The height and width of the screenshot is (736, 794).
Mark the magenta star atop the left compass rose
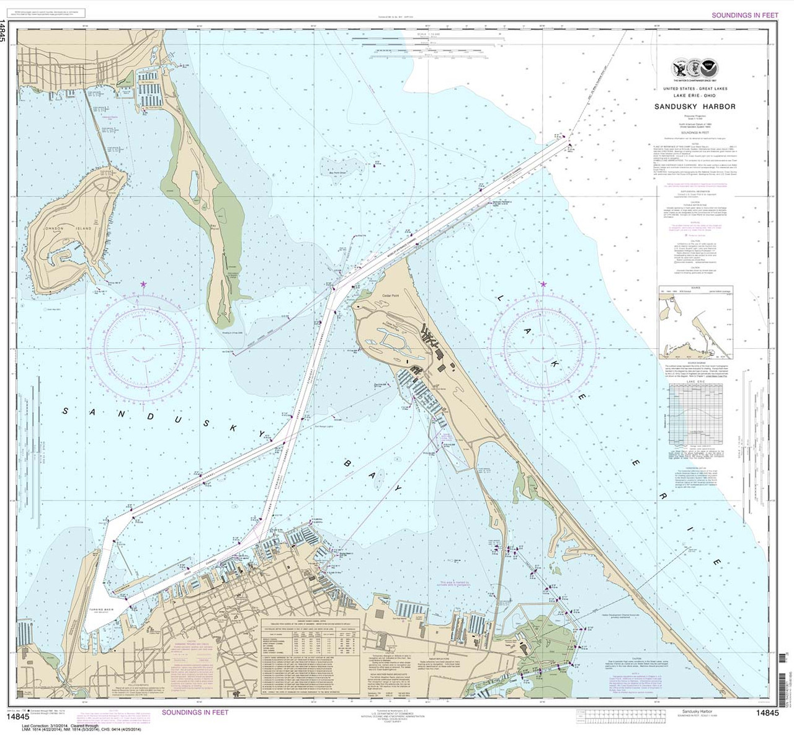(144, 284)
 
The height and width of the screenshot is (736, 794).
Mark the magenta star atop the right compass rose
(543, 284)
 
